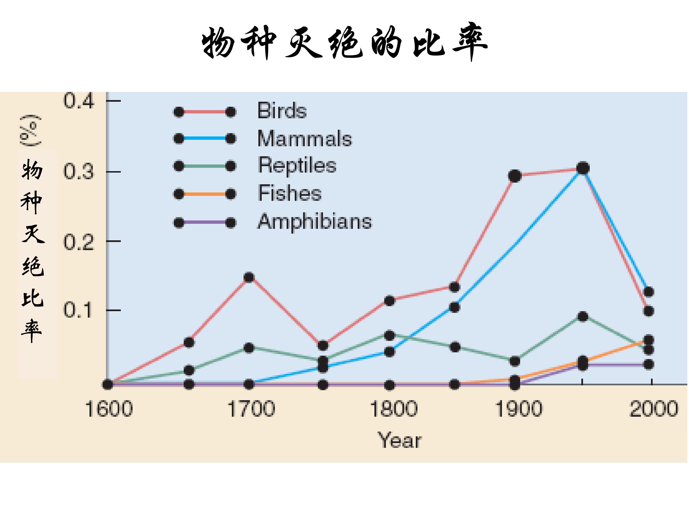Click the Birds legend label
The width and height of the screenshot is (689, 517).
pos(282,110)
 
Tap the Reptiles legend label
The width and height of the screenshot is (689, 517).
pos(297,165)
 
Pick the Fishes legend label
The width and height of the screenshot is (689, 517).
pos(290,193)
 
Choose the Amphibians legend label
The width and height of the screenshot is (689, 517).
pos(315,222)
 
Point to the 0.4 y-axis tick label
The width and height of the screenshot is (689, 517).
pos(78,101)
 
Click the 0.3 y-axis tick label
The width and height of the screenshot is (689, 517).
pos(78,171)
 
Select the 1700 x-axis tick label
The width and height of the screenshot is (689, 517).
pos(251,409)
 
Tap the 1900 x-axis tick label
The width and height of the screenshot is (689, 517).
pos(519,409)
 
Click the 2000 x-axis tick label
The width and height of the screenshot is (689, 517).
pos(654,409)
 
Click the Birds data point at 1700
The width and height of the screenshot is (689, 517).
pos(249,277)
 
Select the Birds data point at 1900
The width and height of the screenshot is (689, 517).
pos(515,176)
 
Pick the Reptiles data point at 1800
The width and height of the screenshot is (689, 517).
pos(389,336)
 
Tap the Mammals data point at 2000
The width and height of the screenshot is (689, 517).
pos(649,292)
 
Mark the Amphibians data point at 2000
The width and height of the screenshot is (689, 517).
pos(649,364)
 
